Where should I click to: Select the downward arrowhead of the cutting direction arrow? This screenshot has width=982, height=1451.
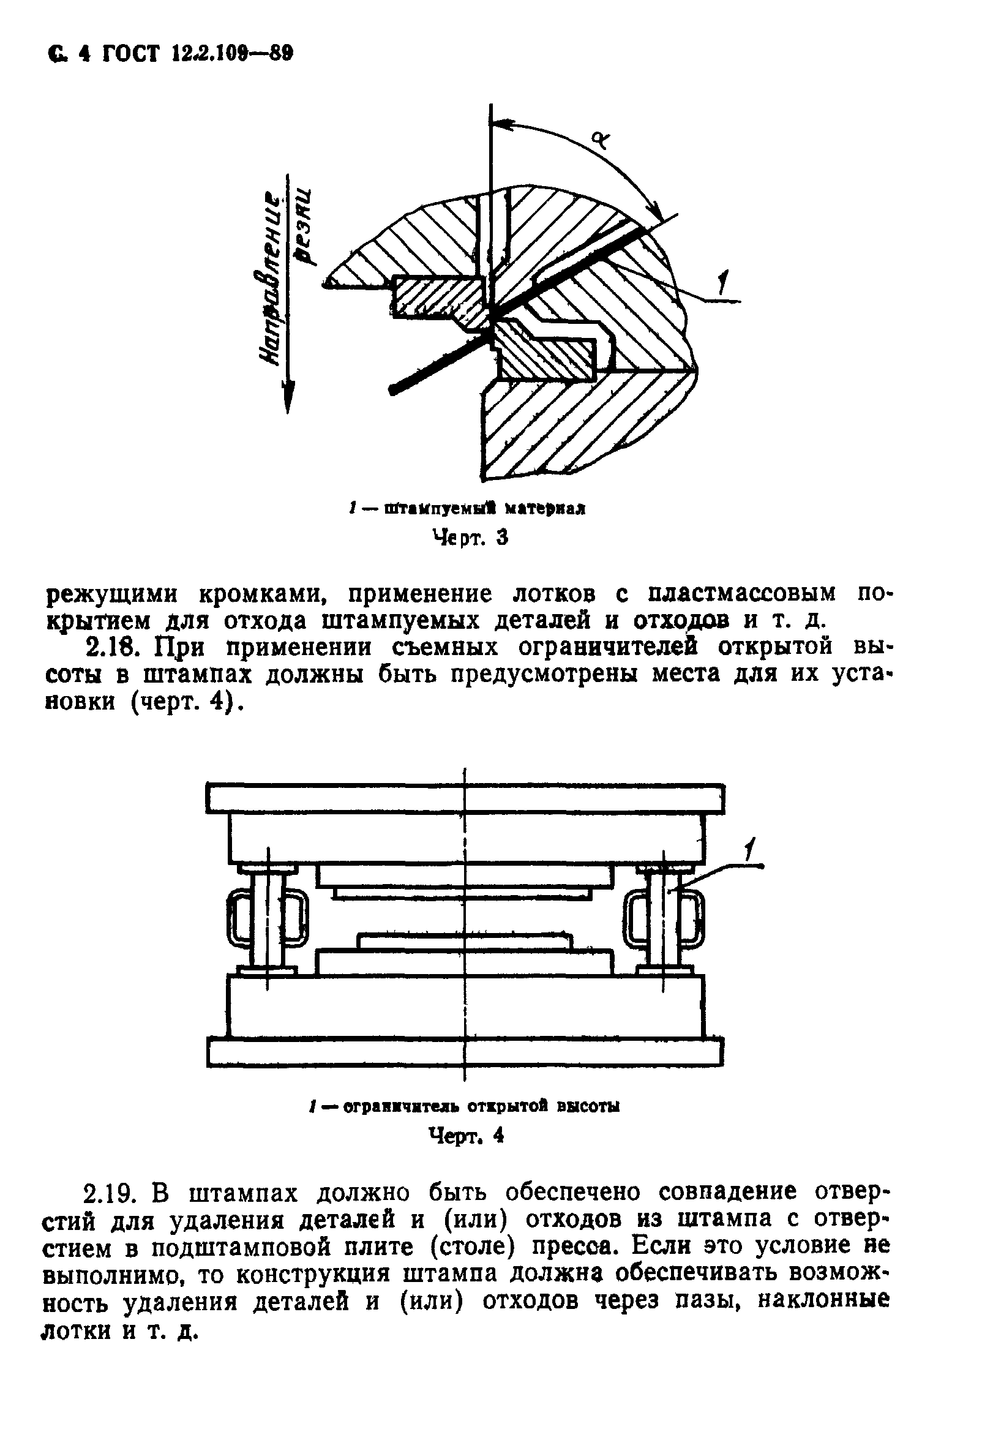(288, 397)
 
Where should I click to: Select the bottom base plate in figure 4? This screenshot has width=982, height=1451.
(465, 1051)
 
